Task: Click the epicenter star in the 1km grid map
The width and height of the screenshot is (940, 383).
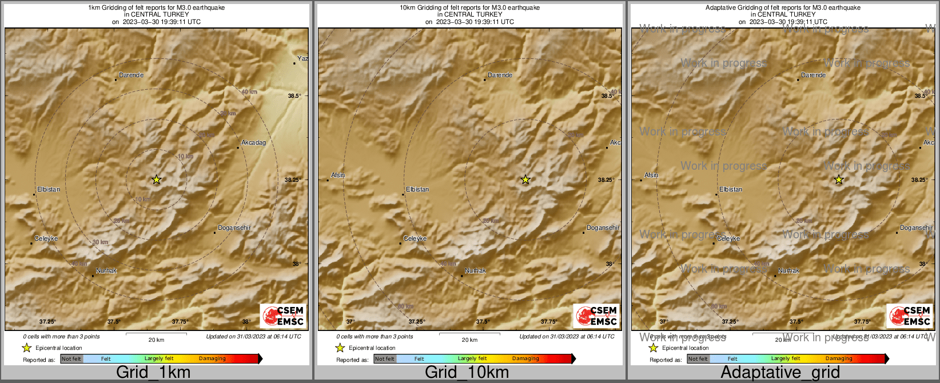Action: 157,180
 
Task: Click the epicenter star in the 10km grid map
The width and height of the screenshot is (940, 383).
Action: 525,180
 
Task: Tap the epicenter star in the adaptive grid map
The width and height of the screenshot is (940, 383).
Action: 839,180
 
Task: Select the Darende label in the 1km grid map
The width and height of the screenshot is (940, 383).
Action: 131,75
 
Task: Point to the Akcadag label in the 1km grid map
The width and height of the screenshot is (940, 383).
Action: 253,142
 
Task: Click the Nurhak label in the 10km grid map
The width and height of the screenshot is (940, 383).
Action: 475,270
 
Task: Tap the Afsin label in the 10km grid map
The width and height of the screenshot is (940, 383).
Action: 338,175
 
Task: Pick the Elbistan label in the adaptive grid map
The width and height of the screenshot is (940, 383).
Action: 731,189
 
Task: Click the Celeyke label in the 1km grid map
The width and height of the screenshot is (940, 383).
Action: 46,238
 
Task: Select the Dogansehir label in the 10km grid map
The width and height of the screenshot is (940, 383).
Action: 603,228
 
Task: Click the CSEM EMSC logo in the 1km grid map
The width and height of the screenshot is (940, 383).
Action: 283,316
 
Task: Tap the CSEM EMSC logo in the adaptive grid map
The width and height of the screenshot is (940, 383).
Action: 909,316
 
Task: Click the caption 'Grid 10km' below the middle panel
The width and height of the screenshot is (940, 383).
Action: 467,372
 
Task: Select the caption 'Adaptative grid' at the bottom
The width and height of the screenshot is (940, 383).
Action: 780,372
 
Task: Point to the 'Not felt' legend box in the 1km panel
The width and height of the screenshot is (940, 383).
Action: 71,359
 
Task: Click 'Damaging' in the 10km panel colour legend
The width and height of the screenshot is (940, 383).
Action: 525,359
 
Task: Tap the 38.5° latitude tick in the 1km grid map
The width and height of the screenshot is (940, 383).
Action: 294,95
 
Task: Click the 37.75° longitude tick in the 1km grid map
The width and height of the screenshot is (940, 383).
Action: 180,322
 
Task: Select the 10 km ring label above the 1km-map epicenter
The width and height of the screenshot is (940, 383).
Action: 185,156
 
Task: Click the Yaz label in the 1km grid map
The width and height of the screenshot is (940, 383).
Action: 302,58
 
